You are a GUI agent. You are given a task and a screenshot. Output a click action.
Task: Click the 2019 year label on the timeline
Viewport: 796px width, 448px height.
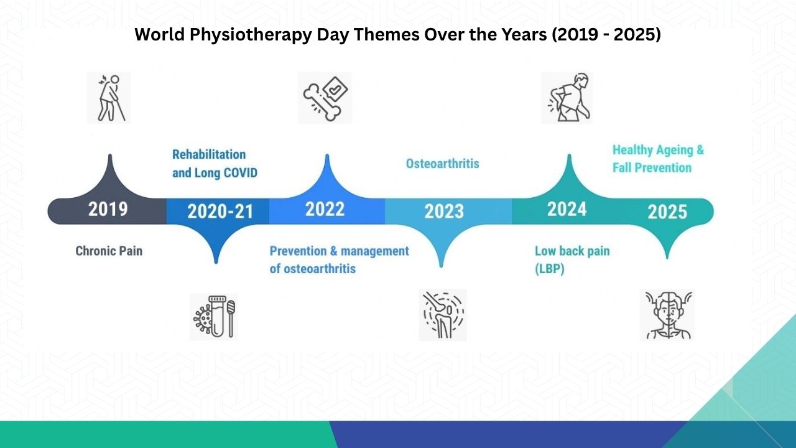[108, 209]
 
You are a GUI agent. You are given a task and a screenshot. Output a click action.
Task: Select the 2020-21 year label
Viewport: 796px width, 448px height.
[220, 212]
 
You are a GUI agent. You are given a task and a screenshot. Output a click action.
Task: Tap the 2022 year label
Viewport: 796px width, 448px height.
[325, 209]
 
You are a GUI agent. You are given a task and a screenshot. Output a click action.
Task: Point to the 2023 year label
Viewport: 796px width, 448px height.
[444, 212]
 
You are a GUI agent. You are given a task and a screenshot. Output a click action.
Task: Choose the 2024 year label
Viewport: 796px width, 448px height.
[567, 209]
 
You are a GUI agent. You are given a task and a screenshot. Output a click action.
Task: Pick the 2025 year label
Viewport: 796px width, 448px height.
[667, 212]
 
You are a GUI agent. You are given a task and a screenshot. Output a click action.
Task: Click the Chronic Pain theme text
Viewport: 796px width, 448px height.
[109, 251]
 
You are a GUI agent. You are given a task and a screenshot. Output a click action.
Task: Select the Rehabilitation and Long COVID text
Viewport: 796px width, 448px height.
[215, 164]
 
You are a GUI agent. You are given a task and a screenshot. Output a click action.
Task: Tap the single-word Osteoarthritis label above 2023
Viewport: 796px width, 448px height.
[442, 164]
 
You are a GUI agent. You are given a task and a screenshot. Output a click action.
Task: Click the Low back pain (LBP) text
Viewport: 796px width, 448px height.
[572, 260]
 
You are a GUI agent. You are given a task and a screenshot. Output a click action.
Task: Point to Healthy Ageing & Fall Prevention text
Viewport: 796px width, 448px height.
[658, 159]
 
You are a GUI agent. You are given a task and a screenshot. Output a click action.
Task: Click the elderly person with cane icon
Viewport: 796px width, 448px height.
[109, 98]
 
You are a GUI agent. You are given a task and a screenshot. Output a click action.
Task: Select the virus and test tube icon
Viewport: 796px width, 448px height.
[214, 317]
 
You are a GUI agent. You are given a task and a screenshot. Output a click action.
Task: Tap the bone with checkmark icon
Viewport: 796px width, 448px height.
[325, 98]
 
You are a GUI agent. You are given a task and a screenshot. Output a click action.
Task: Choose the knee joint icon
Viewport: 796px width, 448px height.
[443, 315]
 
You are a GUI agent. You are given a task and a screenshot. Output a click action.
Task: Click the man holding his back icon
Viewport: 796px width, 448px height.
[567, 98]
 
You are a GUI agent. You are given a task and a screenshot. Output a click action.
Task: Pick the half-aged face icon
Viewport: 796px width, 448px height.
[668, 315]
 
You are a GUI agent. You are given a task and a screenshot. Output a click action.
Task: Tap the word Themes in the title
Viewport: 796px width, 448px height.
[386, 34]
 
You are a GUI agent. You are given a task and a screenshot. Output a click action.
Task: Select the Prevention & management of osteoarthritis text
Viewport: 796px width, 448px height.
[340, 260]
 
